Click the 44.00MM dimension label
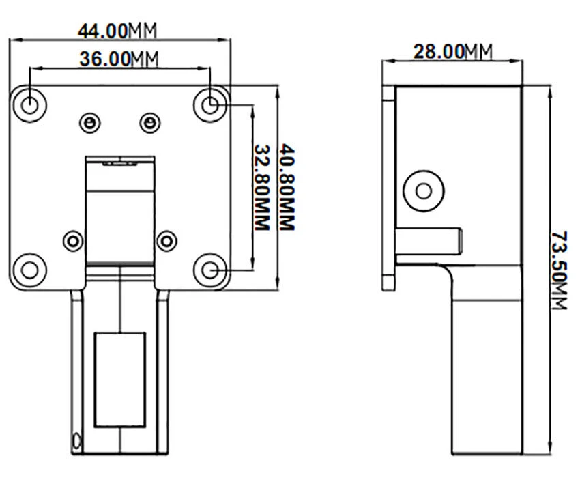117,31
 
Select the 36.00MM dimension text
118,59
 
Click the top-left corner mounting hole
30,104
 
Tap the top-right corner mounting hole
212,104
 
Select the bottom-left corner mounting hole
30,269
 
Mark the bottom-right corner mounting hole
212,269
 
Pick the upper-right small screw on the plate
148,122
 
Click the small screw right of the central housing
165,240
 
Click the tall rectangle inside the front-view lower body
120,378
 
